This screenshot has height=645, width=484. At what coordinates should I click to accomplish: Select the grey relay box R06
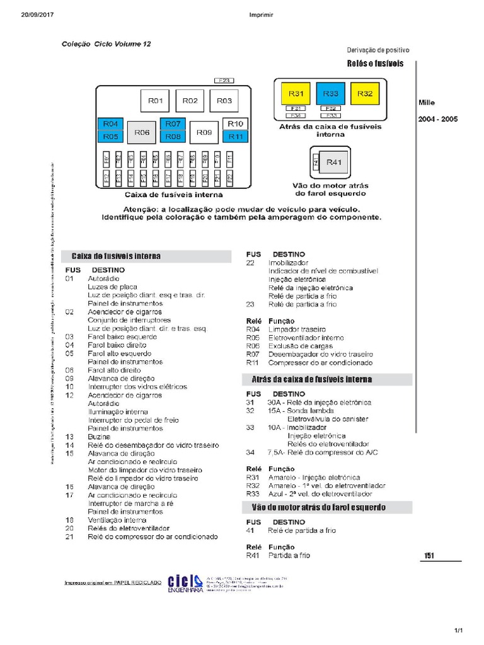click(141, 133)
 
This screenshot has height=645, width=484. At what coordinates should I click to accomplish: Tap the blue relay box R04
click(111, 124)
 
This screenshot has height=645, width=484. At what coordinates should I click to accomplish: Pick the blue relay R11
click(236, 136)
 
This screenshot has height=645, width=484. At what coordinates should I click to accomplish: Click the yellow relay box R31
click(296, 94)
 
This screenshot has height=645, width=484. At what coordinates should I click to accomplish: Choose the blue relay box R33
click(331, 94)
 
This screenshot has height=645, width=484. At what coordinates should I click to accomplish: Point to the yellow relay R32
click(365, 94)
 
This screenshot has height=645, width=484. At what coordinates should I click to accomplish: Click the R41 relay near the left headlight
click(333, 163)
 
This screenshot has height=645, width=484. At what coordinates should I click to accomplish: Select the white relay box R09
click(204, 133)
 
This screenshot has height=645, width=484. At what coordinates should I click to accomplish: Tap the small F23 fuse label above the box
click(224, 81)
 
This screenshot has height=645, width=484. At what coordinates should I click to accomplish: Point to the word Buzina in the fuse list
click(100, 437)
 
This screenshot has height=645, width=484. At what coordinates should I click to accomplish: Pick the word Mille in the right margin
click(427, 103)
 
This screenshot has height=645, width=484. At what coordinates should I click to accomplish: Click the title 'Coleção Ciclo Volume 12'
click(106, 44)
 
